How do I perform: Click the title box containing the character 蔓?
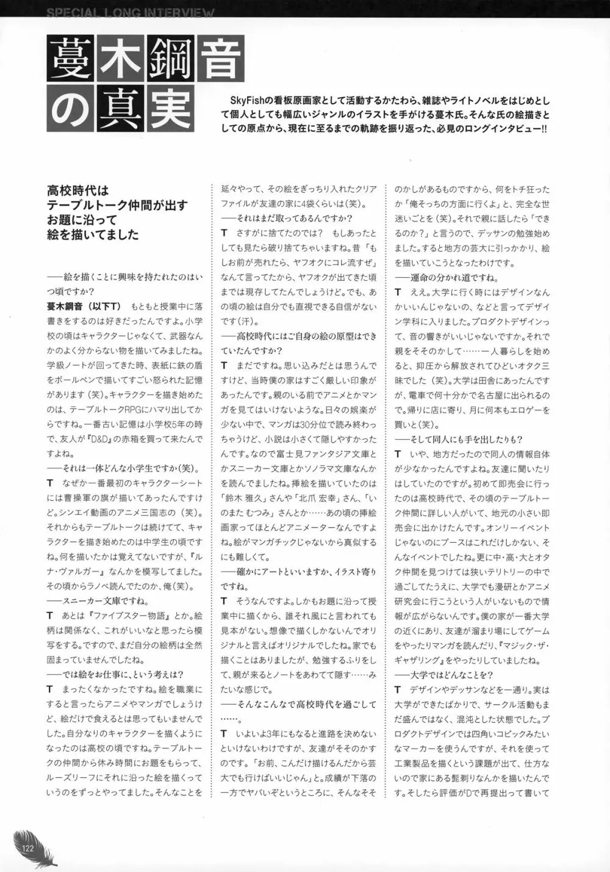pos(71,60)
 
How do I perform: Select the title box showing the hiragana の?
pos(71,109)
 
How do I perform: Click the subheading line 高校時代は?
pos(78,191)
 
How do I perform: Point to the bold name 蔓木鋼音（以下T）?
pos(84,306)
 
